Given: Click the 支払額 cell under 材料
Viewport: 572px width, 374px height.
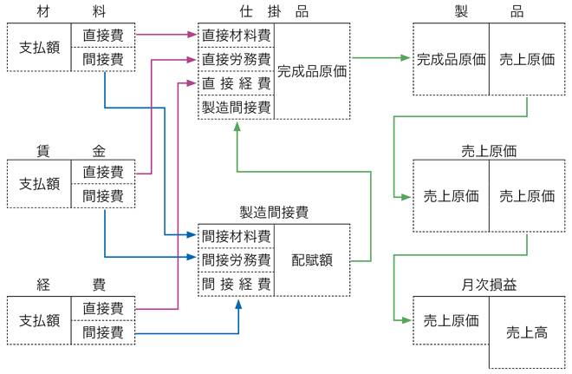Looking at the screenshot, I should click(40, 49).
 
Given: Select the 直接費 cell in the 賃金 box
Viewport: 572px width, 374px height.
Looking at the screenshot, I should click(103, 172).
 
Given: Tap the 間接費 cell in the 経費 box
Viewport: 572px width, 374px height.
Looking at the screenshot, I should click(103, 332).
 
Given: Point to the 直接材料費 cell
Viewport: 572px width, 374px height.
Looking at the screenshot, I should click(236, 36).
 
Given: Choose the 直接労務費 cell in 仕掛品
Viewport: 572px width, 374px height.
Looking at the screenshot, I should click(236, 60).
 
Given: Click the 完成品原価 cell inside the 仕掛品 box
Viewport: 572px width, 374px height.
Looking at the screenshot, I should click(312, 72).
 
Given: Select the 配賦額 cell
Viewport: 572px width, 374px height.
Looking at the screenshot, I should click(312, 259).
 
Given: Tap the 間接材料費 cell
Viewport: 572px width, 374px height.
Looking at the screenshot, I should click(236, 236).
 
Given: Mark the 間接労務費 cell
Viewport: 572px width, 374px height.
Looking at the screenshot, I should click(236, 259).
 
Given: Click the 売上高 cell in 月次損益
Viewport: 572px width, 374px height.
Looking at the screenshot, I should click(527, 332).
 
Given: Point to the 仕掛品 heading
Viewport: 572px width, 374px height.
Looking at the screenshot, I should click(273, 11).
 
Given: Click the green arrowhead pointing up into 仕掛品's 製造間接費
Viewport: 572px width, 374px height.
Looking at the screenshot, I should click(236, 127).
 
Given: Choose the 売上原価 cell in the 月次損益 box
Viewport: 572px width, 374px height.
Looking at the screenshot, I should click(451, 320).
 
